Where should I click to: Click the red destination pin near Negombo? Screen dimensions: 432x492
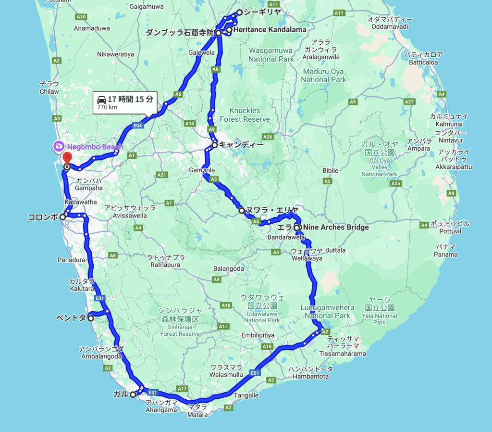point(67,157)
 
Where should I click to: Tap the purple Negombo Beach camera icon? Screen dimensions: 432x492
point(58,146)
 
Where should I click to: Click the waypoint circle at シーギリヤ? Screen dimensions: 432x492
point(239,13)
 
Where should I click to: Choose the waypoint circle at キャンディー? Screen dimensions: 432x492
point(215,145)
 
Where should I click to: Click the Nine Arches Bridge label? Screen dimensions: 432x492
point(336,227)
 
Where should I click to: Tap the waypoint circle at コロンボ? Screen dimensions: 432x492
point(62,217)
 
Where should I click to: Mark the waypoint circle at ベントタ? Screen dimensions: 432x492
point(91,318)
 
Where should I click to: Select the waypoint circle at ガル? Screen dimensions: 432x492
point(133,394)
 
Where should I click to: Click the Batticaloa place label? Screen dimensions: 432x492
point(423,62)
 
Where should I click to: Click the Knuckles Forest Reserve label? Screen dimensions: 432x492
point(245,114)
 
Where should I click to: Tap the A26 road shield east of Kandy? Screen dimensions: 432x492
point(267,137)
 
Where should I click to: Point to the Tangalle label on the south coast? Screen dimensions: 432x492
point(246,395)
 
